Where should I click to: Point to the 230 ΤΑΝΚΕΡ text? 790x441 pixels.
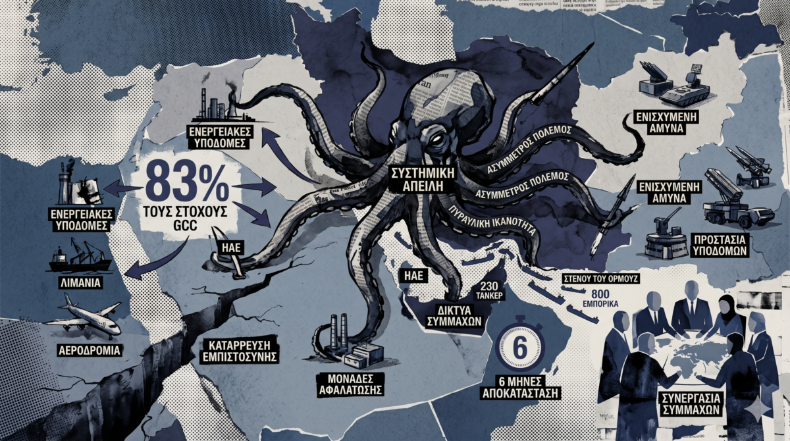[x=491, y=290]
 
